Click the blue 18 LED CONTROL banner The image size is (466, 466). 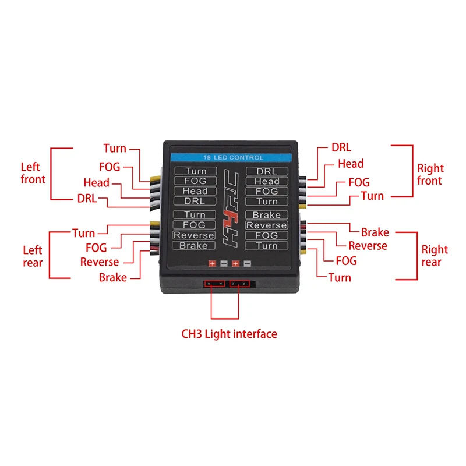231,157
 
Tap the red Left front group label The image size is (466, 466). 33,173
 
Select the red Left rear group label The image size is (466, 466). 33,256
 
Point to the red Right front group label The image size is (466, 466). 430,174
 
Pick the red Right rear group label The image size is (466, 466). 435,256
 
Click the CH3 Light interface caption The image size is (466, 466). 229,334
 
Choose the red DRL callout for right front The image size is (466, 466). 341,147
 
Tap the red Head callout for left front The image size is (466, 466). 96,182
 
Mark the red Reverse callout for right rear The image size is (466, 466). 368,246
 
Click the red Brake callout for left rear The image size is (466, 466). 113,278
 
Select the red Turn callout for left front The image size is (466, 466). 115,149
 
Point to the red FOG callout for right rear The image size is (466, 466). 346,261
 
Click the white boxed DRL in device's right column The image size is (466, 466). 267,171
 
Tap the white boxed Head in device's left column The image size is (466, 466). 195,191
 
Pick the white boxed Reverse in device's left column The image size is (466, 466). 194,235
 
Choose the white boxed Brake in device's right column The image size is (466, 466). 267,215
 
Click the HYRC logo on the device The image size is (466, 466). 231,209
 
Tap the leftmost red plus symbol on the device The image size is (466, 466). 212,264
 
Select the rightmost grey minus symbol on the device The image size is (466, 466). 247,263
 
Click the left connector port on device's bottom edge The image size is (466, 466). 214,284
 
